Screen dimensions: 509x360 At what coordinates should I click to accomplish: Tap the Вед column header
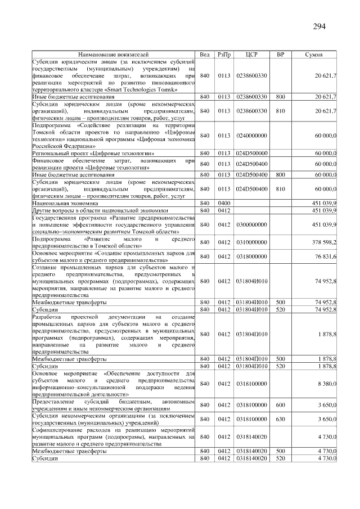click(x=205, y=55)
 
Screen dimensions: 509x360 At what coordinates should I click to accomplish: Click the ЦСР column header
click(x=251, y=55)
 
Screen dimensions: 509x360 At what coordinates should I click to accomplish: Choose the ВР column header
click(x=280, y=55)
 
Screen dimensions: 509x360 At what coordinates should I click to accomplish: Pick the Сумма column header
click(x=313, y=55)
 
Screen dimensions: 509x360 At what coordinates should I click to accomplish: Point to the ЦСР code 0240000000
click(x=251, y=136)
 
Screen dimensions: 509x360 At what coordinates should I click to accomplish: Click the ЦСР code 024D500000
click(x=251, y=153)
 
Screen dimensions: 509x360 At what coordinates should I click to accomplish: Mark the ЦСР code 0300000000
click(x=251, y=225)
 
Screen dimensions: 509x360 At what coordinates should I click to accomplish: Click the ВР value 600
click(x=280, y=405)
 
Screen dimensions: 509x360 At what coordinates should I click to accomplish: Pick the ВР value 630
click(x=280, y=419)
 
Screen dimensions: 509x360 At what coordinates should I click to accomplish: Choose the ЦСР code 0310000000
click(x=251, y=242)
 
